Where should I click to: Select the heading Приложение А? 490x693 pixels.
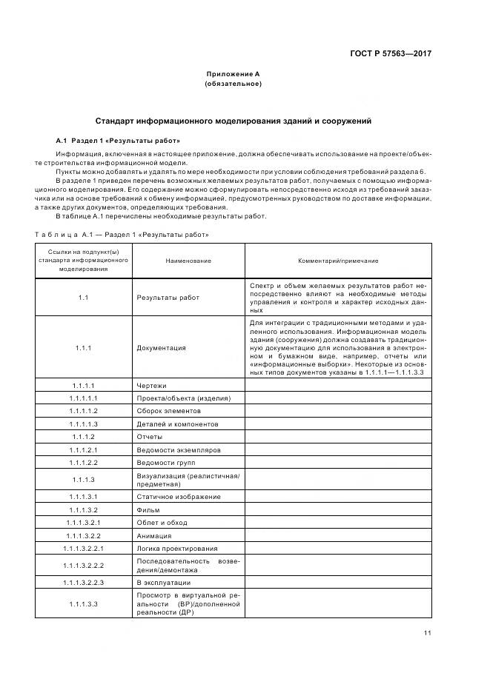tap(233, 74)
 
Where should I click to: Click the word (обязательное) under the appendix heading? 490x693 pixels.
tap(233, 84)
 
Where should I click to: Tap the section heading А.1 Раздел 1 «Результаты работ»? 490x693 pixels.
tap(118, 140)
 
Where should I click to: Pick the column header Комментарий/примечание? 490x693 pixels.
tap(337, 261)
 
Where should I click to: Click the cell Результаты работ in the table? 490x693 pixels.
tap(168, 298)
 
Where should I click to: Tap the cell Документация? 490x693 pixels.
tap(161, 347)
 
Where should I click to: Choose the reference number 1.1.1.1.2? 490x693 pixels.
tap(84, 410)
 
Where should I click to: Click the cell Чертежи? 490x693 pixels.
tap(152, 385)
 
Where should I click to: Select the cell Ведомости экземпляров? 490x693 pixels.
tap(178, 449)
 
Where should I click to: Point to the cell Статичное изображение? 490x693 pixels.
tap(179, 497)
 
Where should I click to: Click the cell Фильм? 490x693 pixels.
tap(148, 510)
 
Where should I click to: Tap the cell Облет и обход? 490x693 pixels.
tap(162, 523)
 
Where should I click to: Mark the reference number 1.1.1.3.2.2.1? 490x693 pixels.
tap(84, 549)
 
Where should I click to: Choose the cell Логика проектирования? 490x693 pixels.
tap(177, 549)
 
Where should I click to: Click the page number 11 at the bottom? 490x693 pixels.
tap(427, 633)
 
